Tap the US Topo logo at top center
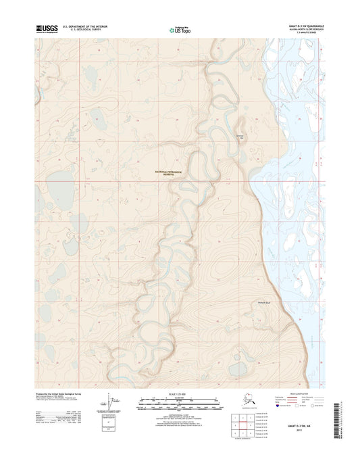coord(179,29)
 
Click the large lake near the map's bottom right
coord(238,368)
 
